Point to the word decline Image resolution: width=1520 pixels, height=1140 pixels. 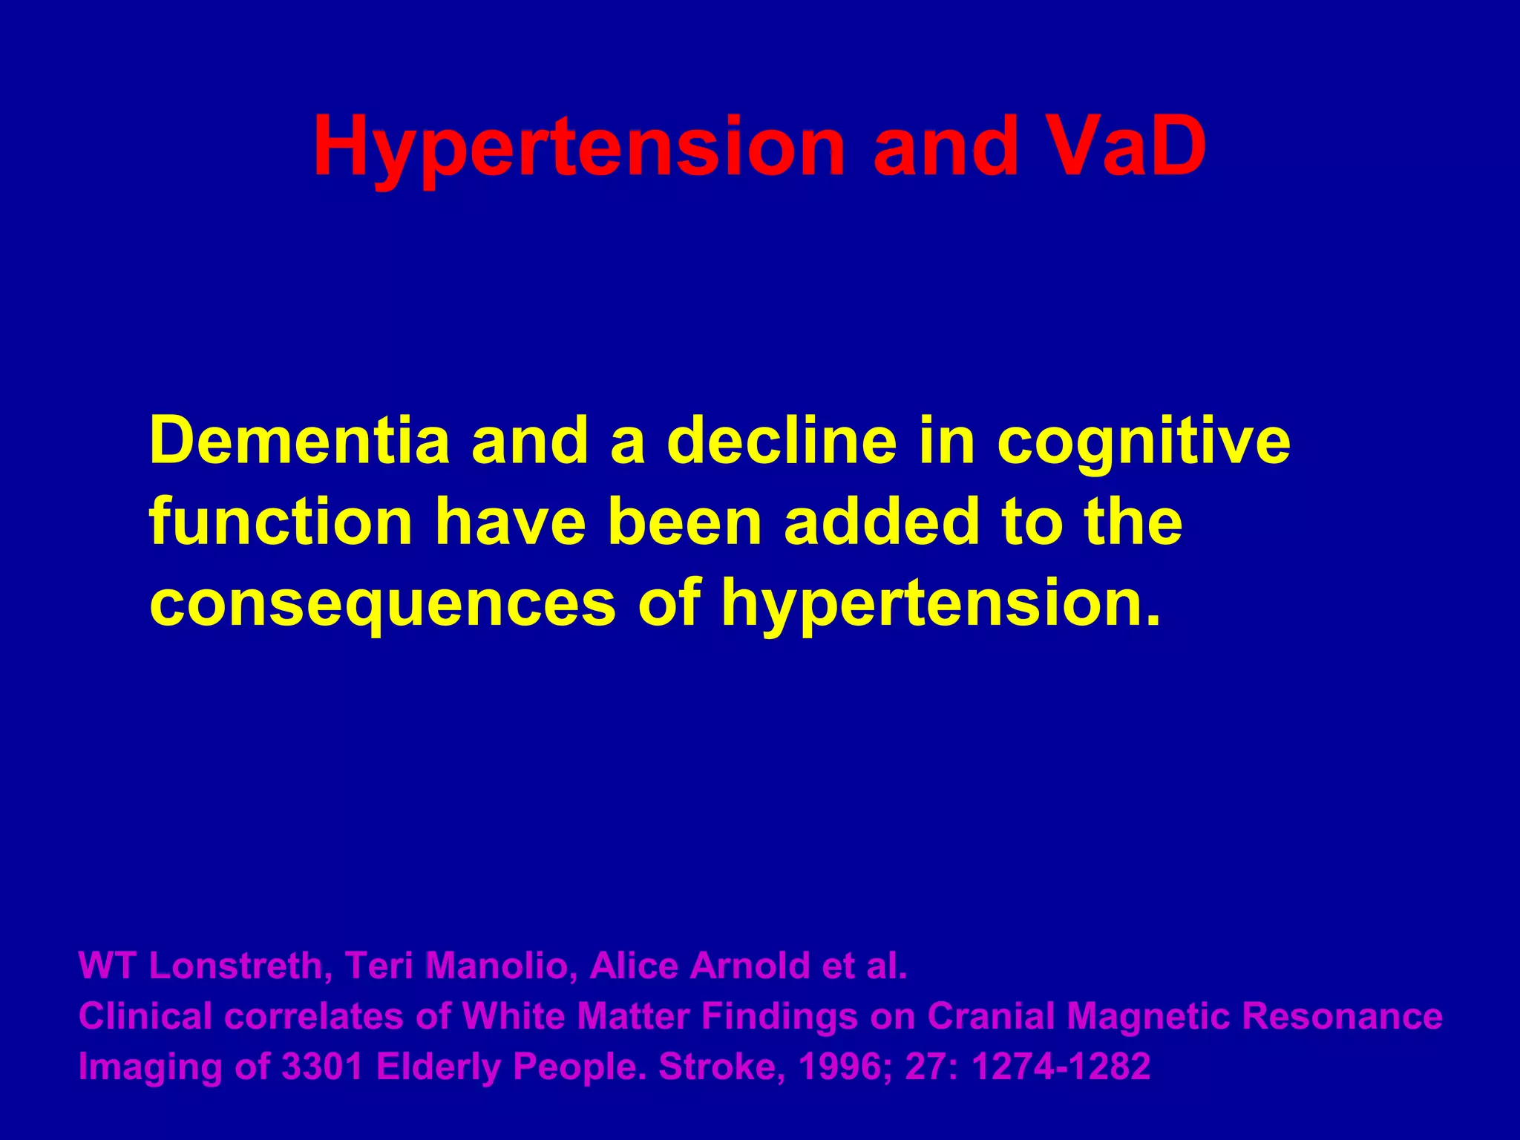tap(782, 440)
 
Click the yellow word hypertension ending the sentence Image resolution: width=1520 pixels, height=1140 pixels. tap(940, 605)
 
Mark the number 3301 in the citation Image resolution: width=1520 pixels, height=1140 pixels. tap(323, 1067)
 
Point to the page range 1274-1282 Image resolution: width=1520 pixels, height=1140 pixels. tap(1061, 1067)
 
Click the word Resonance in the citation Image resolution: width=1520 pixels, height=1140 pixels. tap(1343, 1016)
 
